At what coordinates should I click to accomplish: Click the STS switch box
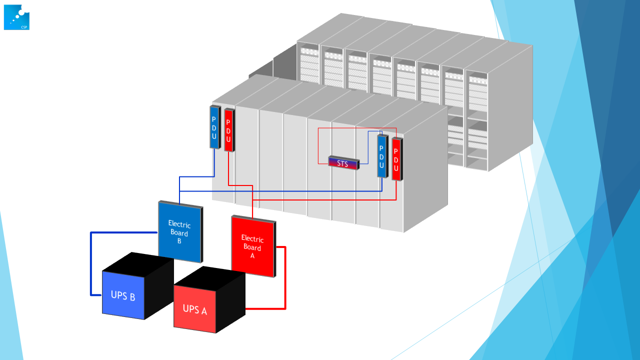[343, 163]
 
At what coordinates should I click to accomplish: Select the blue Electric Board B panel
[179, 231]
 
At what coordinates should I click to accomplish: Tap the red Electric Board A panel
[252, 246]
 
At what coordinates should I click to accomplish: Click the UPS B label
[123, 295]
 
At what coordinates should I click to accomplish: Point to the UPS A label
[194, 309]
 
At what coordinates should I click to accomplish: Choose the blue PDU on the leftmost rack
[214, 127]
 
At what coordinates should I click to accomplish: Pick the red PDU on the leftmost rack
[228, 129]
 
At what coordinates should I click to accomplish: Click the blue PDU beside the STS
[381, 155]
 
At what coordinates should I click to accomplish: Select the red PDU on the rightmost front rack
[396, 158]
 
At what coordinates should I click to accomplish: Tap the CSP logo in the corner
[16, 17]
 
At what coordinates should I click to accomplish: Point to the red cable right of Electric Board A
[285, 278]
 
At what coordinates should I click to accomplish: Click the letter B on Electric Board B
[179, 241]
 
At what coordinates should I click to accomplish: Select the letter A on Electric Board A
[252, 255]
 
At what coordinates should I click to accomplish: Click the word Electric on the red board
[252, 238]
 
